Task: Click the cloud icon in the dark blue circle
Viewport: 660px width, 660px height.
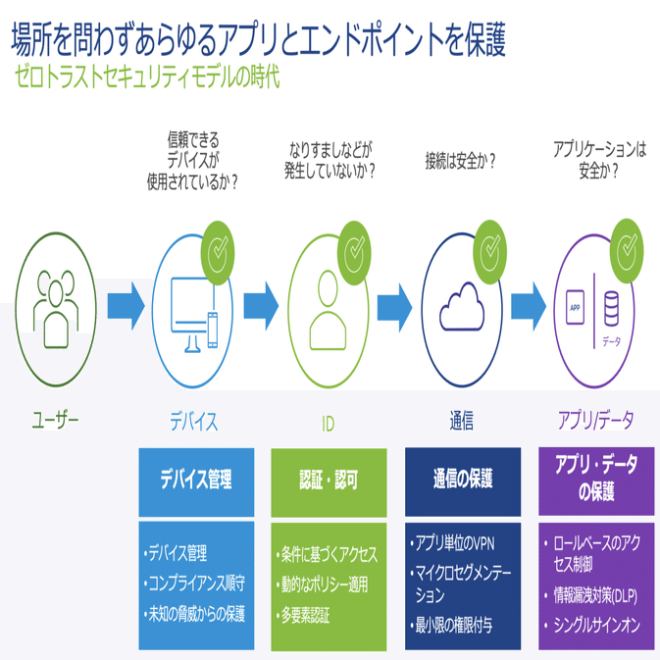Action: (x=462, y=306)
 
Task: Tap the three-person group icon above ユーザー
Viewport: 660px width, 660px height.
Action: (x=56, y=309)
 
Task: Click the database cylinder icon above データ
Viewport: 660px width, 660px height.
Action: (x=611, y=309)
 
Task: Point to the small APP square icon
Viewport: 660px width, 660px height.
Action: (x=575, y=307)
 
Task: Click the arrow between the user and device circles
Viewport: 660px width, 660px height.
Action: (x=126, y=306)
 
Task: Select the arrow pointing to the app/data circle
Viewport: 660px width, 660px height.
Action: (x=529, y=306)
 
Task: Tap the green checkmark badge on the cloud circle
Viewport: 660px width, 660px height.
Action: (x=490, y=252)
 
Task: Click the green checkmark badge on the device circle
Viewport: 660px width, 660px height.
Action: (x=218, y=253)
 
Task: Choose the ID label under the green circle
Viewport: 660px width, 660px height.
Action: (x=328, y=424)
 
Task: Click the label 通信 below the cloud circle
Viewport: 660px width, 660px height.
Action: (x=462, y=421)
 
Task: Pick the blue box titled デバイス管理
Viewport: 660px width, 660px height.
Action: (x=196, y=482)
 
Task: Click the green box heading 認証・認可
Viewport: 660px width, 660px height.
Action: (x=329, y=480)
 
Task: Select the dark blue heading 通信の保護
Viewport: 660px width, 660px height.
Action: (x=463, y=479)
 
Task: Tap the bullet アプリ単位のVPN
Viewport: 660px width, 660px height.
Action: (x=453, y=543)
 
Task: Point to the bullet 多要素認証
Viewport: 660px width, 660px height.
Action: (x=303, y=616)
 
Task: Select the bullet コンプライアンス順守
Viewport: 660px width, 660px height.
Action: (x=194, y=584)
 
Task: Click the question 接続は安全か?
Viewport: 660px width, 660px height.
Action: (x=460, y=161)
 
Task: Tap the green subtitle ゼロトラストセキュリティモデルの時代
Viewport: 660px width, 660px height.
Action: (x=147, y=77)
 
